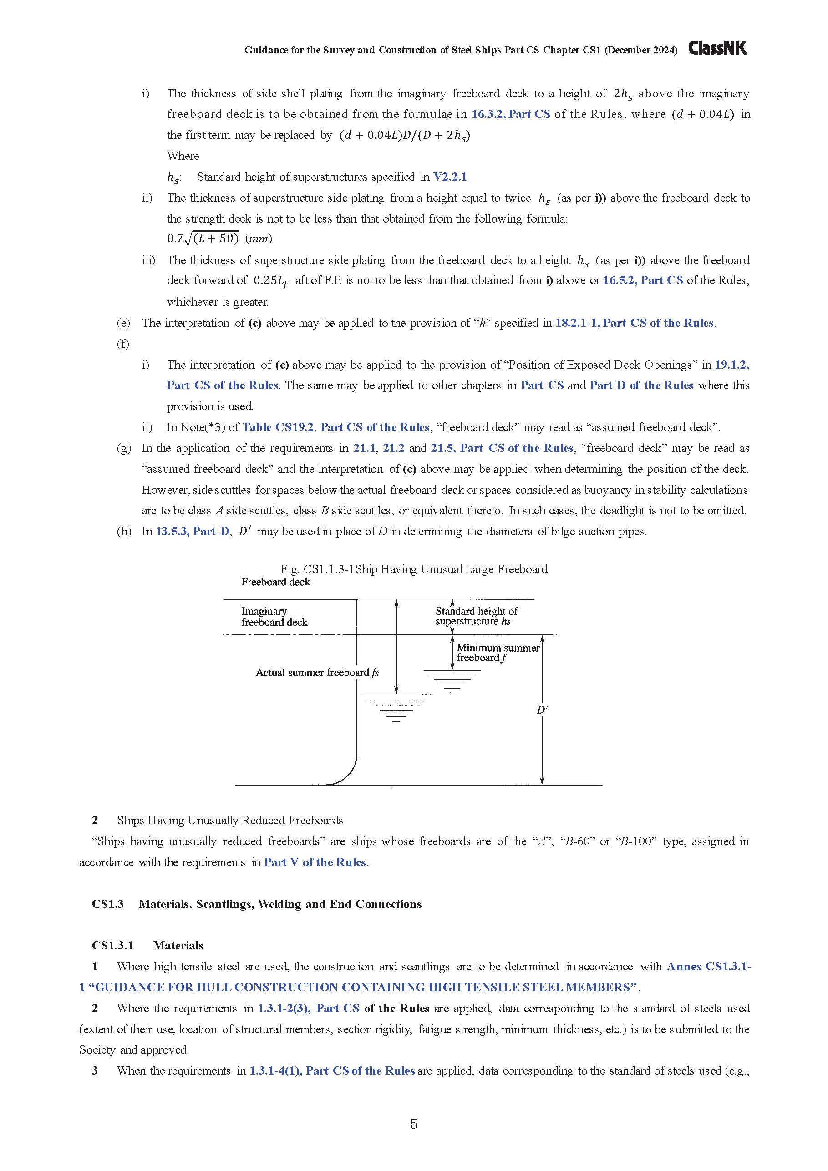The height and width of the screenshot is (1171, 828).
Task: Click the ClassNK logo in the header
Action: tap(717, 48)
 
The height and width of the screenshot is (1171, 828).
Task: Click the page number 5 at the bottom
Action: tap(414, 1123)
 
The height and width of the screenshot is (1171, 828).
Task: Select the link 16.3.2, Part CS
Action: tap(510, 114)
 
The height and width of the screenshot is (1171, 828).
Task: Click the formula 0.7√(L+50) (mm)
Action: tap(219, 238)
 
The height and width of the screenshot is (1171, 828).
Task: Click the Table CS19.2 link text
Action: tap(278, 427)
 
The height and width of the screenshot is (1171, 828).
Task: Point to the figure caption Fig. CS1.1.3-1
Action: tap(414, 569)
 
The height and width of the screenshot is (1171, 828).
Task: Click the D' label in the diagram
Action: tap(542, 710)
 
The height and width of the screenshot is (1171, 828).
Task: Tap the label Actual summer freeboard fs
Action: tap(317, 672)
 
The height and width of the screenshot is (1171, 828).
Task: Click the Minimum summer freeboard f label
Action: tap(498, 652)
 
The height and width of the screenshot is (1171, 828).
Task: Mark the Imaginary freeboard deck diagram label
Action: tap(274, 616)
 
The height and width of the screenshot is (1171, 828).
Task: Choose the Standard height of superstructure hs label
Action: tap(476, 616)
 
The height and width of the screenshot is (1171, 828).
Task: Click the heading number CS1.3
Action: tap(107, 904)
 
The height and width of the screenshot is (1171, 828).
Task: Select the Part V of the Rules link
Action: tap(315, 862)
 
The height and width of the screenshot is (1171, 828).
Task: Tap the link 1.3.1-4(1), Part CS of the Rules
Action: tap(331, 1070)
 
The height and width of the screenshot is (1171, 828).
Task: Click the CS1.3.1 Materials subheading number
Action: tap(112, 945)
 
